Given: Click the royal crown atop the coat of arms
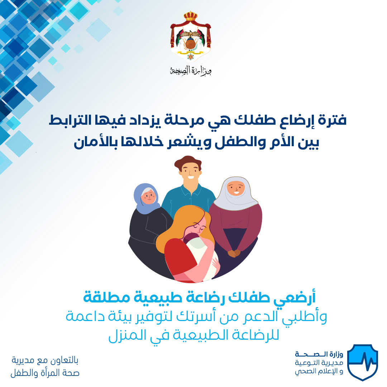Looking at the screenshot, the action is pyautogui.click(x=191, y=16).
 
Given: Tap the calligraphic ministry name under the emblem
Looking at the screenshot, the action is pyautogui.click(x=191, y=71).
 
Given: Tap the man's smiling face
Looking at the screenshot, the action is pyautogui.click(x=190, y=173).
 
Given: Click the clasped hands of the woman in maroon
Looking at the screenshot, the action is pyautogui.click(x=234, y=253).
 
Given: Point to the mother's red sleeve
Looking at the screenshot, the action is pyautogui.click(x=178, y=259).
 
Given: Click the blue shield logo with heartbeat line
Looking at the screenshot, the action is pyautogui.click(x=363, y=362).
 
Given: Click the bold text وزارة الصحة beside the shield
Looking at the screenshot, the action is pyautogui.click(x=319, y=355).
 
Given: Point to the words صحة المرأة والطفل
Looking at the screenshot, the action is pyautogui.click(x=45, y=373).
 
